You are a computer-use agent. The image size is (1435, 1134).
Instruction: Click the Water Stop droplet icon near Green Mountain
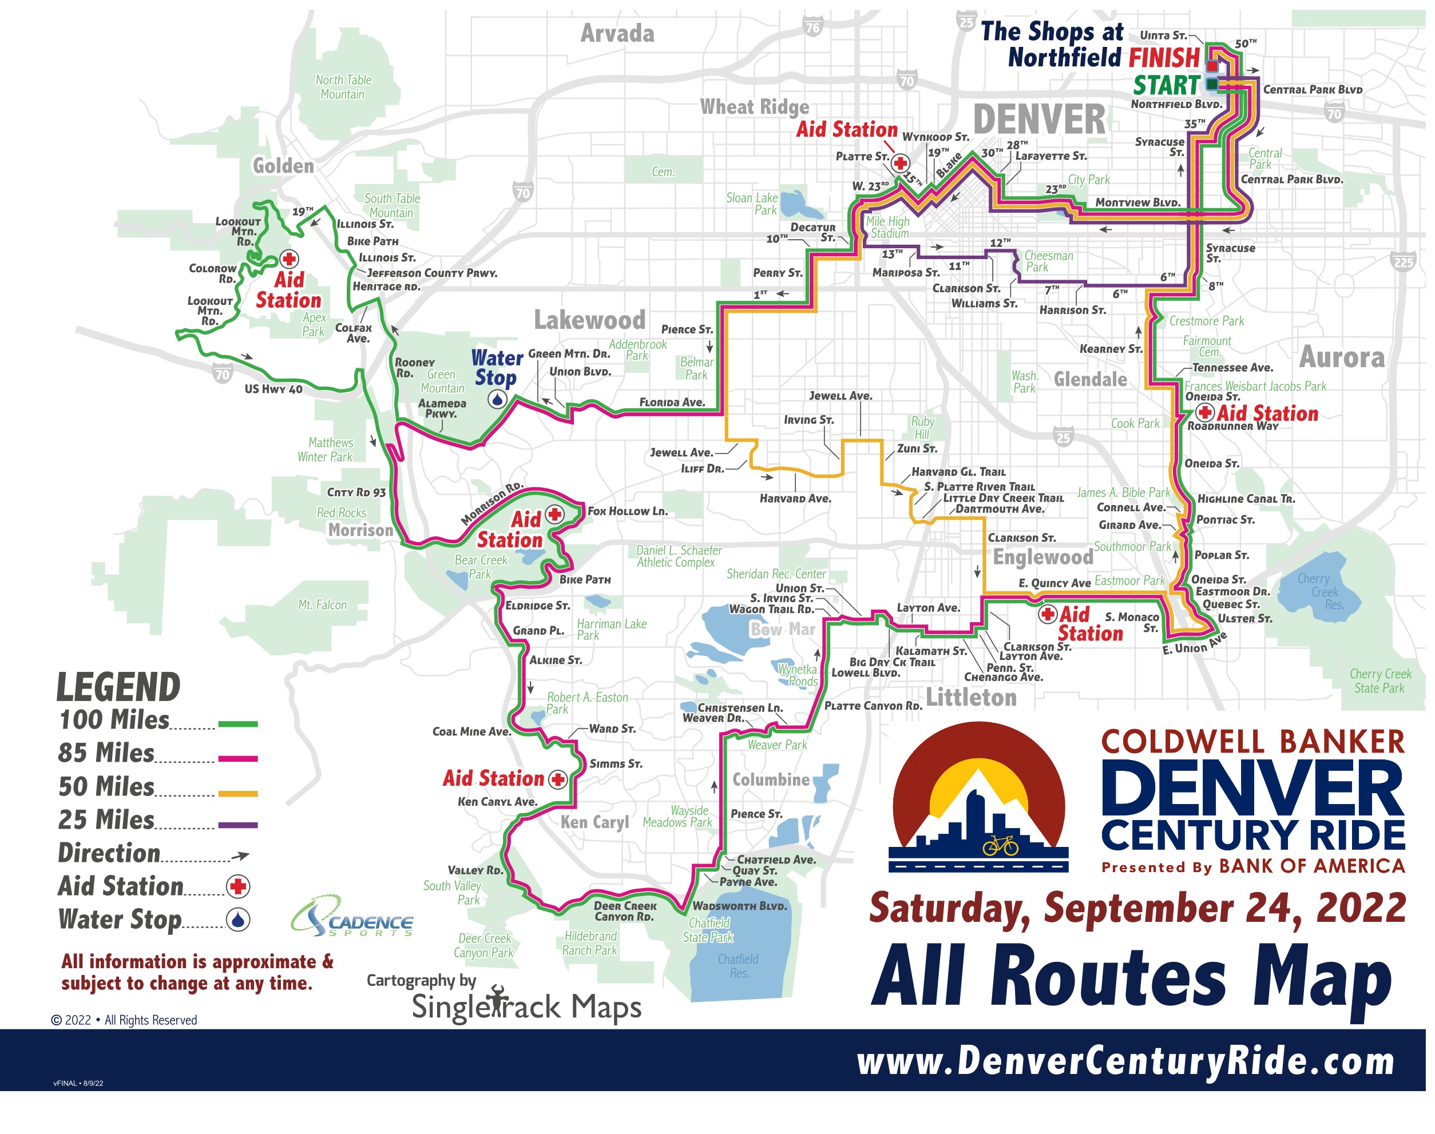497,399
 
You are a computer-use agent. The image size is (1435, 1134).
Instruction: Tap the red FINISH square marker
1212,66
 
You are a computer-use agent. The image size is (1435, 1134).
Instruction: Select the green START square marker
1212,83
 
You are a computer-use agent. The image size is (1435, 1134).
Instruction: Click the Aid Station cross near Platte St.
900,162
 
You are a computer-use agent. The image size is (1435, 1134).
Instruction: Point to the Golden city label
283,166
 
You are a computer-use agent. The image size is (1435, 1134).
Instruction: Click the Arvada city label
617,33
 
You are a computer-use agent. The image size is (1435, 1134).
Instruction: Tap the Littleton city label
972,698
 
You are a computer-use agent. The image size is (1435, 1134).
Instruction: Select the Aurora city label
1341,357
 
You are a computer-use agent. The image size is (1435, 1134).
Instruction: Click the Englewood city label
1042,557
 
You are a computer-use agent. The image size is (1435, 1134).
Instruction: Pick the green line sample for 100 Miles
238,725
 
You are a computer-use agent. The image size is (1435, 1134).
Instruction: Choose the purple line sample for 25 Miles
238,825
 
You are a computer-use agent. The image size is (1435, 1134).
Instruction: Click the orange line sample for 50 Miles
238,793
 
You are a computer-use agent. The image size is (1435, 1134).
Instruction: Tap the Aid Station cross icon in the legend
238,886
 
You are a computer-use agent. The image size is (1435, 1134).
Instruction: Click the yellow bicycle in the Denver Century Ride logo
1000,846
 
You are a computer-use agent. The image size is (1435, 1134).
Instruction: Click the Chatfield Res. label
738,966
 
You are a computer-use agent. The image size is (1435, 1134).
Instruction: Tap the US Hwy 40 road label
273,389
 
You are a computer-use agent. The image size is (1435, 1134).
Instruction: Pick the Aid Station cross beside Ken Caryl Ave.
558,779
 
